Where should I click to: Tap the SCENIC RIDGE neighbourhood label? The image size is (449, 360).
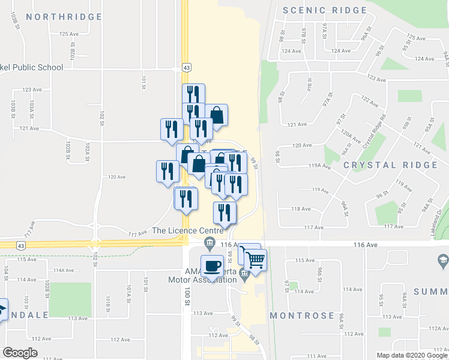(x=324, y=10)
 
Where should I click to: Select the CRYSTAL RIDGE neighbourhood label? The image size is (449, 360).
(x=390, y=165)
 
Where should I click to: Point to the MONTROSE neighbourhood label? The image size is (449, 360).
(x=301, y=316)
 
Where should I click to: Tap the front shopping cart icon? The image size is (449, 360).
(x=255, y=260)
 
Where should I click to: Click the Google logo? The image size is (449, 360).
(x=20, y=353)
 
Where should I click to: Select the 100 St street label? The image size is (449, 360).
(x=187, y=293)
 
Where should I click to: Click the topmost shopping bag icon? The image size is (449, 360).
(x=217, y=114)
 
